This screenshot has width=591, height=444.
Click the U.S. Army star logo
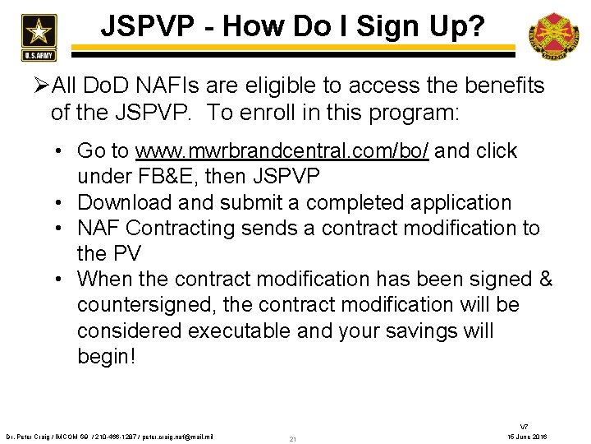tap(35, 34)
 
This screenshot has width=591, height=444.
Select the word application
tap(464, 202)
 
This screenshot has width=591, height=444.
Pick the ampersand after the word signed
tap(544, 279)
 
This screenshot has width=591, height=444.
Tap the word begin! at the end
tap(107, 357)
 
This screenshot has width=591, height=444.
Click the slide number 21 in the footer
tap(293, 439)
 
